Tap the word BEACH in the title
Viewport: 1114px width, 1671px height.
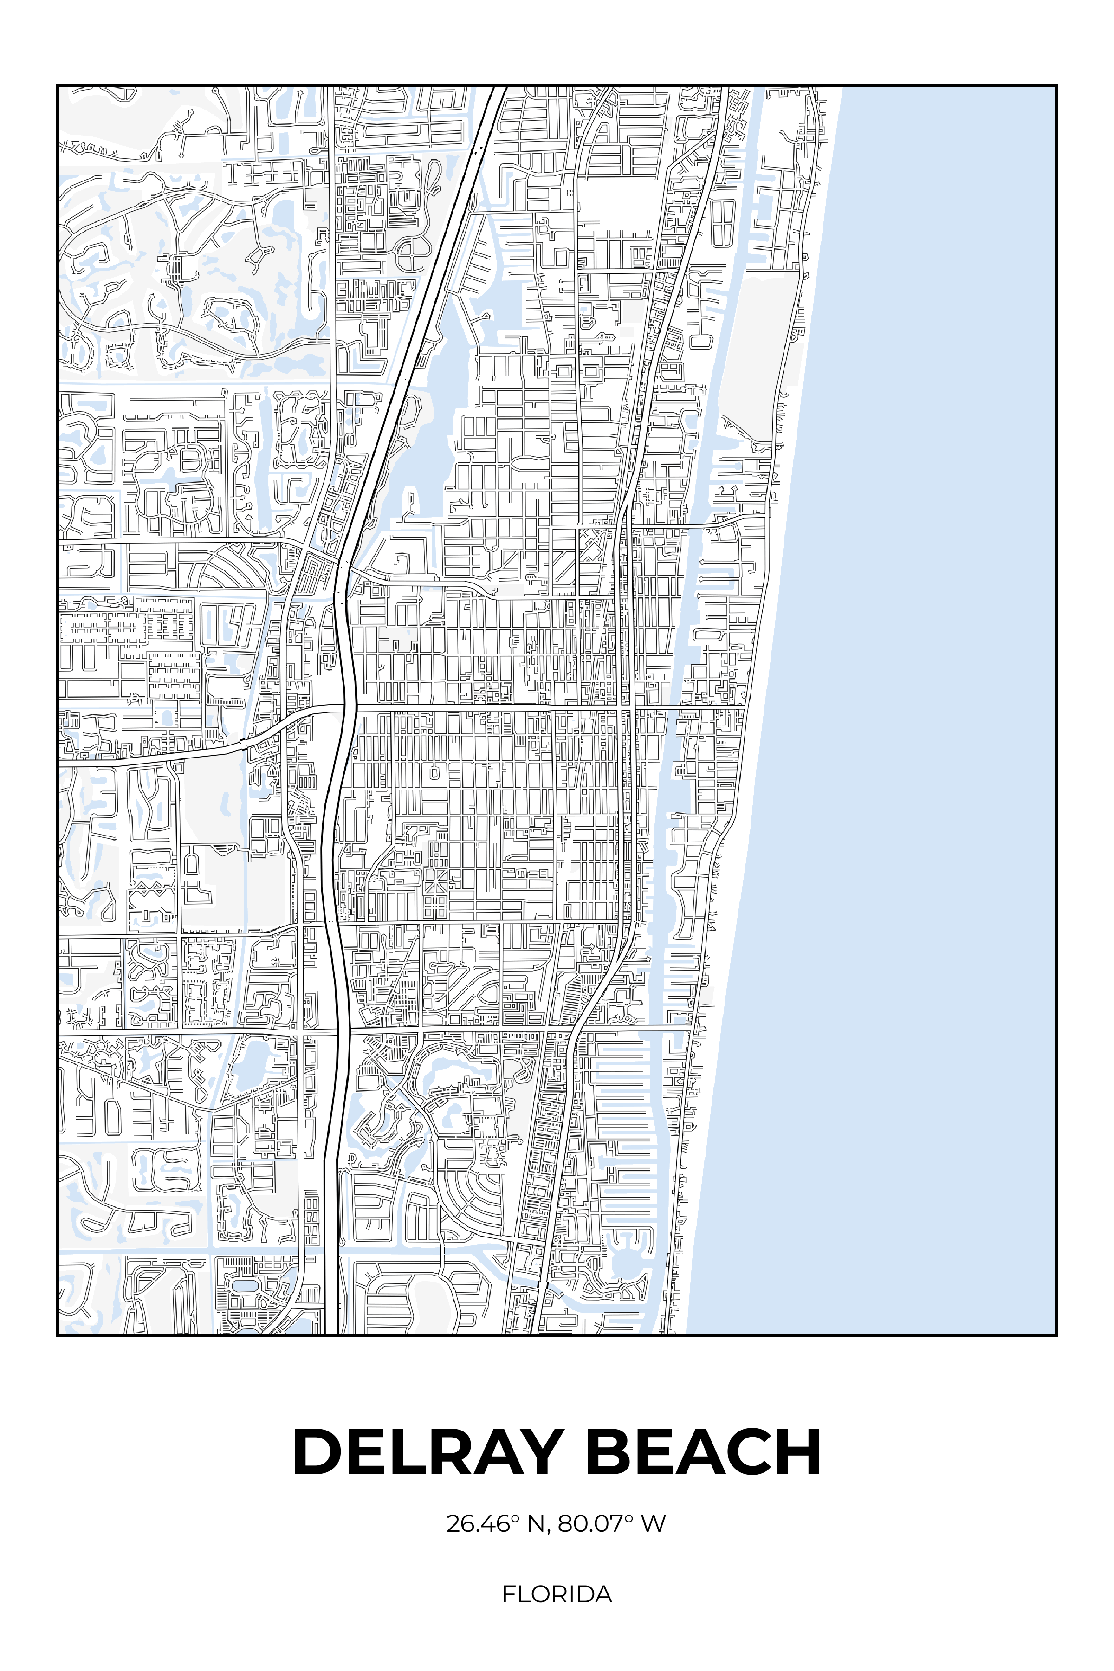pyautogui.click(x=703, y=1452)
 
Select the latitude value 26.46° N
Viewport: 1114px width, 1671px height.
pyautogui.click(x=496, y=1524)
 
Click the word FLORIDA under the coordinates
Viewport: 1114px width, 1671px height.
pyautogui.click(x=557, y=1595)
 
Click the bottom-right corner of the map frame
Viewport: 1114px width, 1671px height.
pyautogui.click(x=1056, y=1335)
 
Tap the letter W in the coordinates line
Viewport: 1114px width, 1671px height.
pyautogui.click(x=653, y=1524)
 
